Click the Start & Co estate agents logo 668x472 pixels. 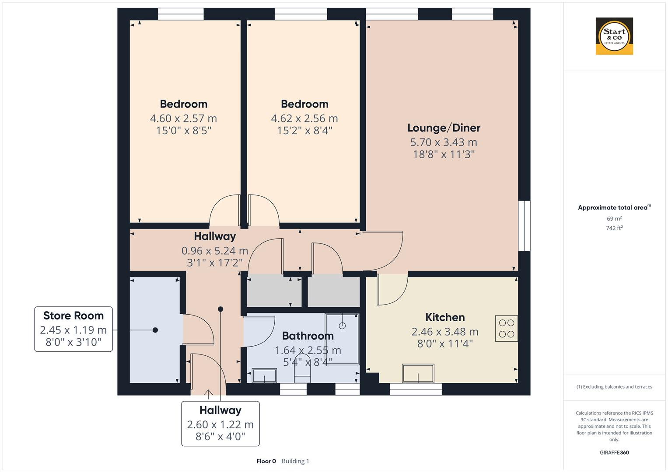(614, 36)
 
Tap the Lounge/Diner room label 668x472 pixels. (444, 128)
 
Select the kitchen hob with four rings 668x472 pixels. (506, 329)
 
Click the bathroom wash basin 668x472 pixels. (264, 375)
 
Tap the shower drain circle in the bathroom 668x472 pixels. (342, 326)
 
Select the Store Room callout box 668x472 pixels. (73, 329)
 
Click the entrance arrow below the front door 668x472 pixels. (208, 394)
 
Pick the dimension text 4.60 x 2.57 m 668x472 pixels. (183, 118)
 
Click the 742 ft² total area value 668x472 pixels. (614, 228)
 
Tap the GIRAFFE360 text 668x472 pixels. (614, 452)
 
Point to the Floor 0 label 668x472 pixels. (266, 461)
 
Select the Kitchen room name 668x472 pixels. (445, 317)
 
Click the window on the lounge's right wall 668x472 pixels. (524, 226)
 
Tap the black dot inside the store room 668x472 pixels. (155, 330)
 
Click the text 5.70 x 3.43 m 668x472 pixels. (444, 142)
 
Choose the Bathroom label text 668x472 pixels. (308, 336)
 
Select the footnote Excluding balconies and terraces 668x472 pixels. (614, 387)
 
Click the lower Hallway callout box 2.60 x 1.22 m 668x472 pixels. (220, 423)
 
